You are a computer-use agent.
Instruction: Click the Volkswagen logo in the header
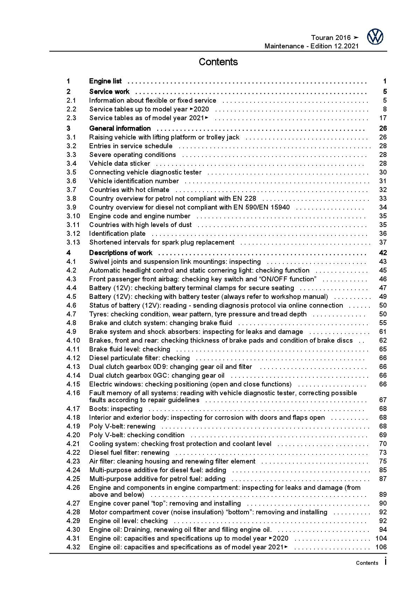click(375, 37)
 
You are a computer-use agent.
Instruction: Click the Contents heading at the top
click(218, 62)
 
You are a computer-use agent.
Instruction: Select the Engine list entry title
click(105, 81)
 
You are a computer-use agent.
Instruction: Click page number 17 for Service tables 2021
click(382, 118)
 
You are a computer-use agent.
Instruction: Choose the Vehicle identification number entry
click(134, 181)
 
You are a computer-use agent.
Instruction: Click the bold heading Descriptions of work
click(120, 253)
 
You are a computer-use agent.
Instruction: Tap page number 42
click(382, 253)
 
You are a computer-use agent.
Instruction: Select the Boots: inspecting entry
click(116, 409)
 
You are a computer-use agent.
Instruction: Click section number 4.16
click(73, 393)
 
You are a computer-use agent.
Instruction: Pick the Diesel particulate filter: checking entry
click(139, 358)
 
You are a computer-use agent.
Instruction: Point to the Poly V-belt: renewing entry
click(122, 426)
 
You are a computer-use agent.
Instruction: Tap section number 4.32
click(73, 547)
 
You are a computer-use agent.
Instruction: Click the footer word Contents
click(367, 563)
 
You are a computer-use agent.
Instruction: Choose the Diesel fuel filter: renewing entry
click(129, 453)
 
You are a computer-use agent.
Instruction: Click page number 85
click(382, 470)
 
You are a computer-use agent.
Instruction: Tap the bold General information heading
click(120, 129)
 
